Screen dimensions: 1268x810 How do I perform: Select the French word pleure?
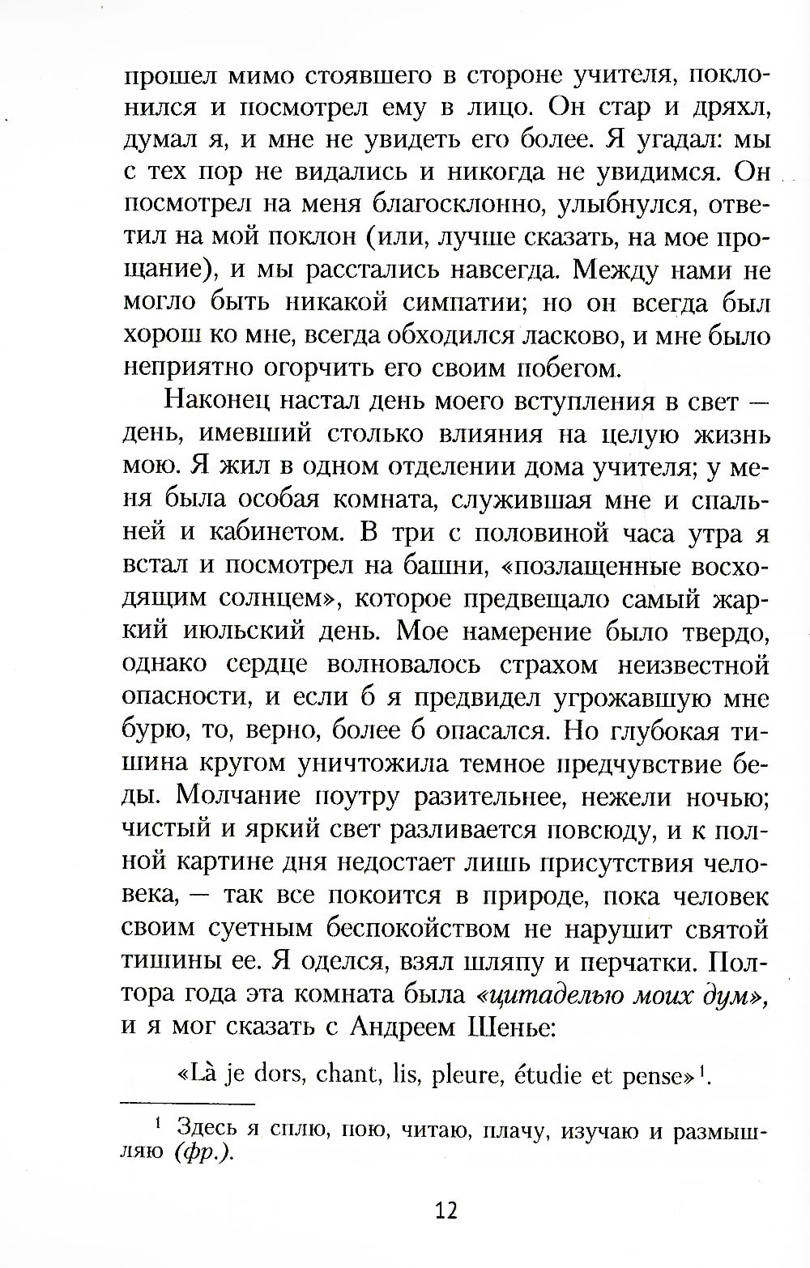[461, 1077]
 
